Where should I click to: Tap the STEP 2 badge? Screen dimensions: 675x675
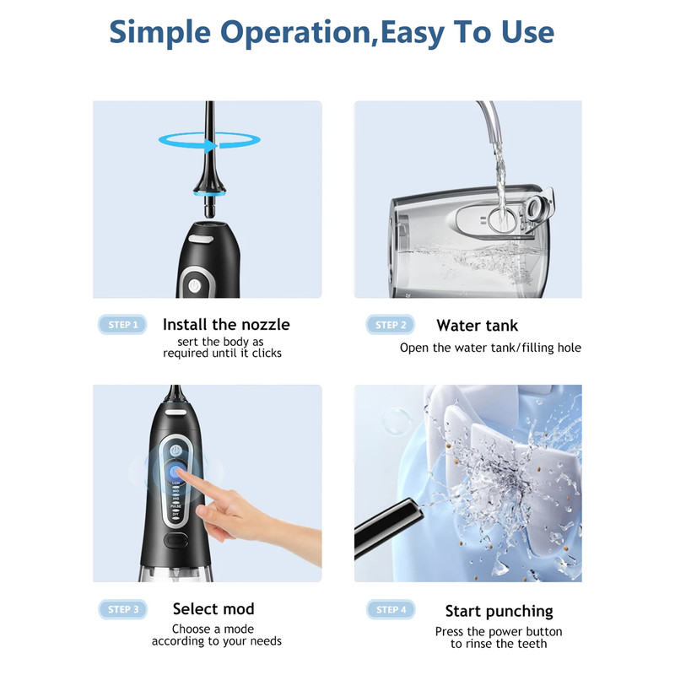(391, 325)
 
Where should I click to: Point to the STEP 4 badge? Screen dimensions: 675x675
(391, 609)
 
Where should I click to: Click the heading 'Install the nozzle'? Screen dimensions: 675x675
(225, 325)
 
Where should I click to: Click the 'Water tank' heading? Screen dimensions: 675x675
(477, 326)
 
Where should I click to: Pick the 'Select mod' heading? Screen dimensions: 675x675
(213, 609)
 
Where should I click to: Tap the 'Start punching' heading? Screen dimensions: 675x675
(499, 611)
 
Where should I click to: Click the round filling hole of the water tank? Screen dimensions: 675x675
(499, 221)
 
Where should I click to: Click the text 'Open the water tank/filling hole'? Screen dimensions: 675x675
(490, 348)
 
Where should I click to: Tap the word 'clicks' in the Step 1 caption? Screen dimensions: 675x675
(264, 354)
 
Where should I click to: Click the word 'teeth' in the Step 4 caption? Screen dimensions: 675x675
(531, 644)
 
